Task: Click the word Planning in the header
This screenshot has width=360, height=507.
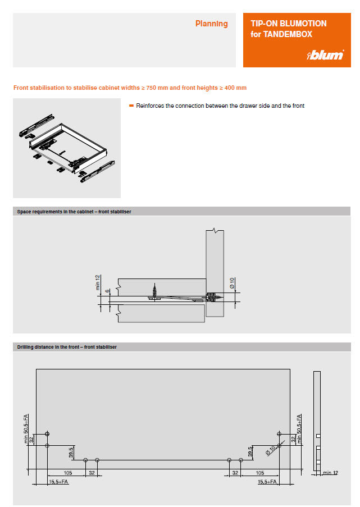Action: (x=211, y=24)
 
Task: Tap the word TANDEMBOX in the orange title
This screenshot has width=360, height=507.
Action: (x=288, y=34)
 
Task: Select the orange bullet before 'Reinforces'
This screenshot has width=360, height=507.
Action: (x=131, y=106)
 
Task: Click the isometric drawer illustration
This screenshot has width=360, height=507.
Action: (x=67, y=148)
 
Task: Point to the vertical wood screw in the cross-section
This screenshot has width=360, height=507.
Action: (x=154, y=293)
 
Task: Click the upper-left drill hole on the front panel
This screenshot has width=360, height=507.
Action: (x=47, y=434)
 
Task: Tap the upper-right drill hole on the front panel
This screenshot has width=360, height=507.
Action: (x=279, y=434)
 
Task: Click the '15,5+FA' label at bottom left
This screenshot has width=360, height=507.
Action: (x=58, y=482)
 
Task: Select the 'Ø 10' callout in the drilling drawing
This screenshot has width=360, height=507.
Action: (x=273, y=449)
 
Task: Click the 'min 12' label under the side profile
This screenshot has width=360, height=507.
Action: (x=331, y=473)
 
